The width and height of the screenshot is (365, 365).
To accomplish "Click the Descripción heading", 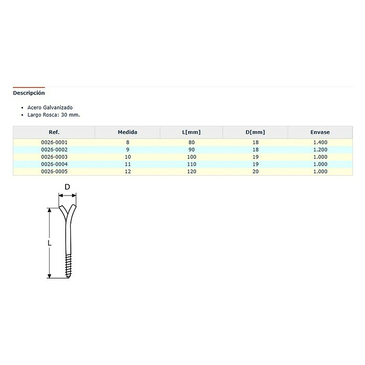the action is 29,93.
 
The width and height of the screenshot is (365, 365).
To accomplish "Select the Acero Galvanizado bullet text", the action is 50,108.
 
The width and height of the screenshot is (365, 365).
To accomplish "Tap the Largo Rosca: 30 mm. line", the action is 53,115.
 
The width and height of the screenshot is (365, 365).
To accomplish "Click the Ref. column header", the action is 54,132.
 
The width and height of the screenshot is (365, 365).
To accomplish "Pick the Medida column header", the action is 127,132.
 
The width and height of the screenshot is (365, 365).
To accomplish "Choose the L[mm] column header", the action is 191,133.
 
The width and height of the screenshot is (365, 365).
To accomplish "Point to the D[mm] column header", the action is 255,133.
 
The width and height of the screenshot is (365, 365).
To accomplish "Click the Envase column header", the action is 320,132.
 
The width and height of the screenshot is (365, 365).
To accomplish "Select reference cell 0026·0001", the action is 54,142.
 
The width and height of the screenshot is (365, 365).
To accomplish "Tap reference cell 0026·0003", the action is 54,157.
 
